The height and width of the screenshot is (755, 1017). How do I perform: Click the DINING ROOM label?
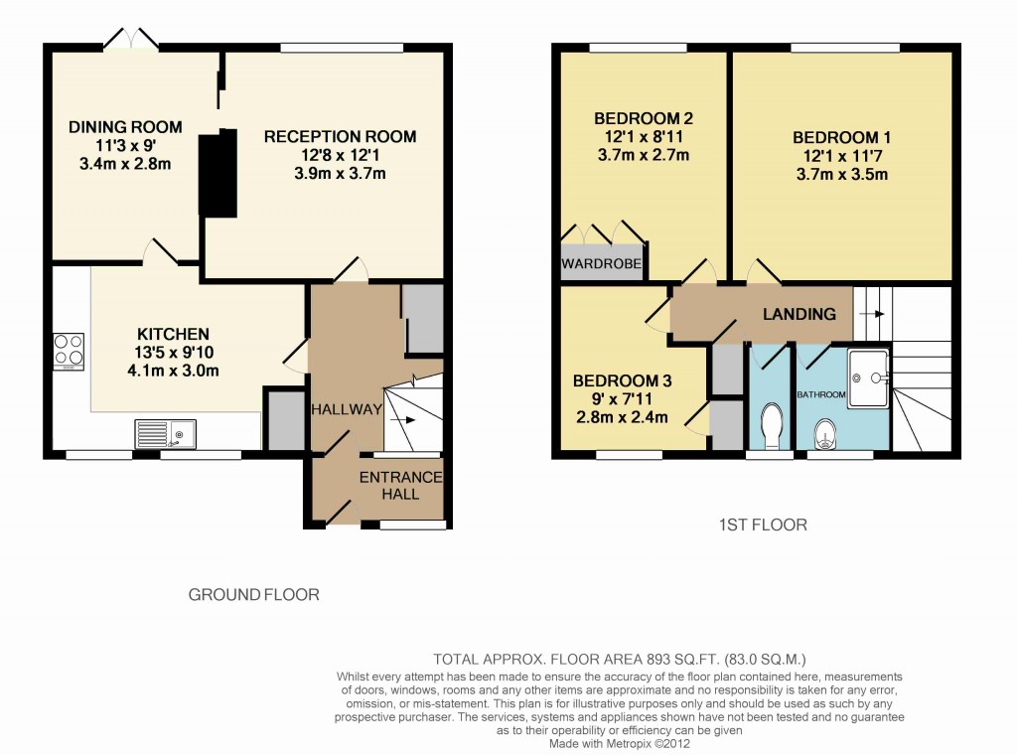[125, 126]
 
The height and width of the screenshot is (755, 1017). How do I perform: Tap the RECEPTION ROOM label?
[340, 136]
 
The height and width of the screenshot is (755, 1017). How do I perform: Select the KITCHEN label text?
[173, 334]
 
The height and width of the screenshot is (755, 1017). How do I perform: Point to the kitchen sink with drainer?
[166, 433]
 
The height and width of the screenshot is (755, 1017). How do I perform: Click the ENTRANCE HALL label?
[400, 485]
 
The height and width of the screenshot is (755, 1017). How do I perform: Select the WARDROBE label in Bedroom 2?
[601, 264]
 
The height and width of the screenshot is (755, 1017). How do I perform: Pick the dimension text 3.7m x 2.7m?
[644, 155]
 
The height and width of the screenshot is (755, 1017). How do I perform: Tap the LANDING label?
[799, 314]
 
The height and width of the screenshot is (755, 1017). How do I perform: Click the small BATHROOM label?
[821, 395]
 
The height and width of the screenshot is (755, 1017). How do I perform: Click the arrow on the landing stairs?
[873, 314]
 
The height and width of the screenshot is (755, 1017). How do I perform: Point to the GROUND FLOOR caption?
[254, 595]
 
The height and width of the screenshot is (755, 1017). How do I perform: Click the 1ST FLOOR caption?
[762, 524]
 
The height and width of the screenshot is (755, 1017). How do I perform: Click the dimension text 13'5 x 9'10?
[173, 353]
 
